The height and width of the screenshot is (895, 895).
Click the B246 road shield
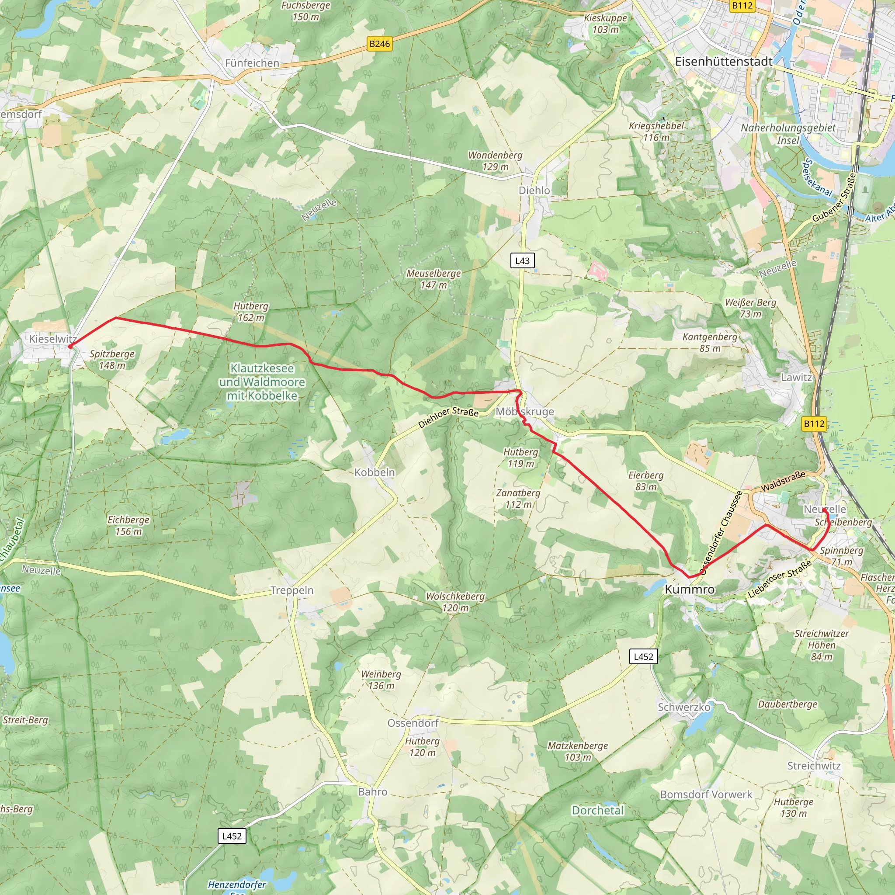tap(379, 44)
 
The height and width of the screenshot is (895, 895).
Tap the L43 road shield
tap(522, 260)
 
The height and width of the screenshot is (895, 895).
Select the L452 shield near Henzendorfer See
tap(232, 836)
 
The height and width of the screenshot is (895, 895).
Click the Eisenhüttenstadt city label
tap(724, 62)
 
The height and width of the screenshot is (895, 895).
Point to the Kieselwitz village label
tap(53, 339)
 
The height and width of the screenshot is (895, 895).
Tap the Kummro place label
tap(689, 589)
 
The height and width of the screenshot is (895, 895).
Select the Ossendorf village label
tap(413, 723)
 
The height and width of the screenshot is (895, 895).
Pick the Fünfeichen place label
tap(252, 63)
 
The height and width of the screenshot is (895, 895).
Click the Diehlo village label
tap(534, 191)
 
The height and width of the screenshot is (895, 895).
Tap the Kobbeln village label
tap(375, 472)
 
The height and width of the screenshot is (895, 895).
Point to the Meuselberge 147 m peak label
tap(434, 279)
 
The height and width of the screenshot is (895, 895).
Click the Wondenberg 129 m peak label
tap(495, 161)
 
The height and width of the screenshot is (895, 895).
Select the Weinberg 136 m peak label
tap(381, 680)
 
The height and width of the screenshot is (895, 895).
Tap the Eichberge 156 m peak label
tap(128, 525)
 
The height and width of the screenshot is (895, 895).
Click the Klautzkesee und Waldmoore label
tap(262, 382)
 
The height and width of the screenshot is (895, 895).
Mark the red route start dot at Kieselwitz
tap(70, 346)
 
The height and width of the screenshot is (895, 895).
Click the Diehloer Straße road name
tap(448, 417)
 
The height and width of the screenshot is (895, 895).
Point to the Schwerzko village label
tap(684, 707)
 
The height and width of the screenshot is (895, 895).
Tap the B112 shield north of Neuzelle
tap(814, 423)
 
